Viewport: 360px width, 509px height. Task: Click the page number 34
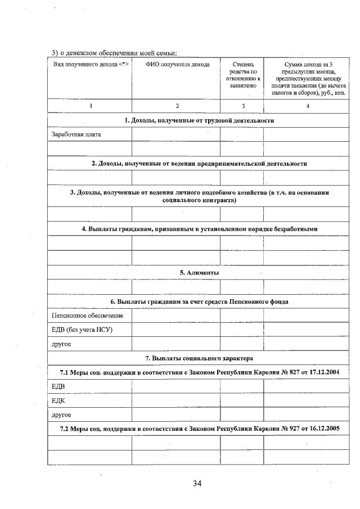point(196,483)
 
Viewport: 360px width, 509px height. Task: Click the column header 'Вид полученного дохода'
point(90,65)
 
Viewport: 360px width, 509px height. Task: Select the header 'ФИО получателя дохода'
point(177,65)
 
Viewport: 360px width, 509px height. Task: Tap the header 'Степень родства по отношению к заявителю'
point(243,75)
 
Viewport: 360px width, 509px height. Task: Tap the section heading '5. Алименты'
point(199,273)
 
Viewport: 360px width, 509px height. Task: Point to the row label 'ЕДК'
point(58,400)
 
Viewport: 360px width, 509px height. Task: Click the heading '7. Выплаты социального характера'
point(199,358)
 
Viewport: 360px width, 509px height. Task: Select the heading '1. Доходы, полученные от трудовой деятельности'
point(199,120)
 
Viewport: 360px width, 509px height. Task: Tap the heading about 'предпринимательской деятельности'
point(199,163)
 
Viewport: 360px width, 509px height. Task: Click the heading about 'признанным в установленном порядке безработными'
point(199,229)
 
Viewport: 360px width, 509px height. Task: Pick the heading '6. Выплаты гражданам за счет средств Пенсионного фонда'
point(199,301)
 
